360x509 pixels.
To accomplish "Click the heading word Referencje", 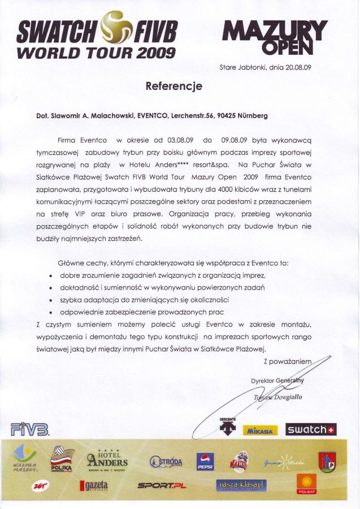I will point(174,87).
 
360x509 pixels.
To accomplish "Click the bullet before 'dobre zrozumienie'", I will point(51,275).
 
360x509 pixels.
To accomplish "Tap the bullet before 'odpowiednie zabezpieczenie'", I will point(51,312).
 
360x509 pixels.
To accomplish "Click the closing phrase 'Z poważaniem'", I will point(288,360).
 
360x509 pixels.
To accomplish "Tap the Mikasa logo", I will point(260,431).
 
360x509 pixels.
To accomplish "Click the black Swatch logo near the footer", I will point(310,430).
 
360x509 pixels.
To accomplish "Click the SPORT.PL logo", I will point(162,485).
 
